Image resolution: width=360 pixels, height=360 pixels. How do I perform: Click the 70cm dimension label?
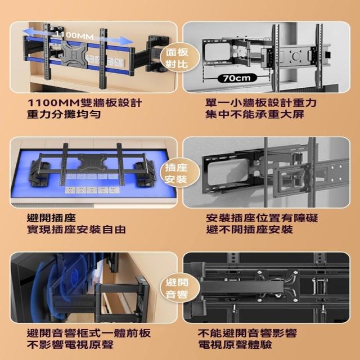point(237,78)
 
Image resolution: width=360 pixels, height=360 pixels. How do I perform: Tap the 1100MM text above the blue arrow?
point(74,35)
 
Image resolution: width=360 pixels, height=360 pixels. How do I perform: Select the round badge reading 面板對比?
point(177,57)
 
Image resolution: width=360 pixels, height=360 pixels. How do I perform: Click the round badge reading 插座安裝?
point(176,174)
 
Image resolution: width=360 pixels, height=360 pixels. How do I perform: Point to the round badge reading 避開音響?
point(177,288)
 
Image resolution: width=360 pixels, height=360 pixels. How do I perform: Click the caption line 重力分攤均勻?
point(64,114)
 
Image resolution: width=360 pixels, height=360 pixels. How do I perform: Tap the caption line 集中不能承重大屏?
point(255,114)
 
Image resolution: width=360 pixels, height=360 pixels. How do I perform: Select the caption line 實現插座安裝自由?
point(76,229)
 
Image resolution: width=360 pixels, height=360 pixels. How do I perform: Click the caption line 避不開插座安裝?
point(249,229)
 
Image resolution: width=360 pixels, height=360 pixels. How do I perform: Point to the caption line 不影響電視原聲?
point(70,345)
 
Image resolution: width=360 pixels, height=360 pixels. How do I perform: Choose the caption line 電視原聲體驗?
point(235,345)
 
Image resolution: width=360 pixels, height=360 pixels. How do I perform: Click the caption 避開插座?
point(51,218)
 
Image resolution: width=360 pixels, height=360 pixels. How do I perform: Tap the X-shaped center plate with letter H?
point(74,56)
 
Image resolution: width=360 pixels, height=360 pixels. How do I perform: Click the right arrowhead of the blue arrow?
point(127,41)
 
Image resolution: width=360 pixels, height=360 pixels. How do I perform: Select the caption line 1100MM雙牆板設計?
point(84,102)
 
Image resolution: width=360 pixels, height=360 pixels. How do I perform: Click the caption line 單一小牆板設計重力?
point(261,102)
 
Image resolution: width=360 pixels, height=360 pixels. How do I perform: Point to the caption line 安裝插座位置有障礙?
point(262,218)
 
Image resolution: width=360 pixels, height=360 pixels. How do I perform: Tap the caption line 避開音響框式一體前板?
point(89,333)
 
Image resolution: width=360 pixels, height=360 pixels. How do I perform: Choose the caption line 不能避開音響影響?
point(247,333)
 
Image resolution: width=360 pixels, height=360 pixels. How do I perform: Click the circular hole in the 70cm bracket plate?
point(296,56)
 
